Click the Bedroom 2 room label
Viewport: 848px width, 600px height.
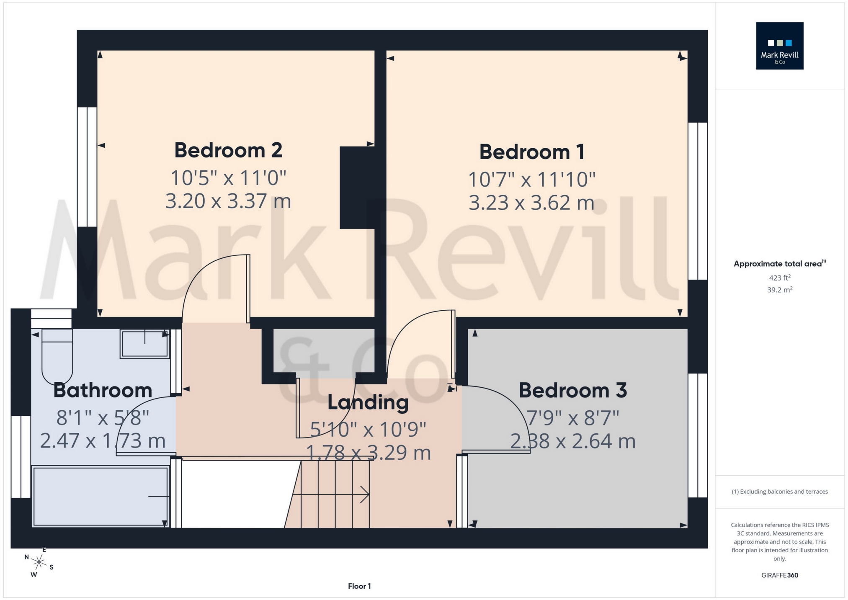(x=228, y=150)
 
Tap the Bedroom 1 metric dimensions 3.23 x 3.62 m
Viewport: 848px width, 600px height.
(x=531, y=203)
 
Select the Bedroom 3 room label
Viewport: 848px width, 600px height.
(x=572, y=390)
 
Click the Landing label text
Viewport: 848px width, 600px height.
(x=368, y=402)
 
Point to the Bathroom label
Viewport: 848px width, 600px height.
(x=103, y=390)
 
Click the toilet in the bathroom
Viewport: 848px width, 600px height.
(x=57, y=356)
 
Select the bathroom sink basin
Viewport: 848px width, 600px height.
(x=144, y=344)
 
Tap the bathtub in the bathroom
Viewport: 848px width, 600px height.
(x=101, y=497)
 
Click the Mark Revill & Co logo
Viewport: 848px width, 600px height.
(x=779, y=46)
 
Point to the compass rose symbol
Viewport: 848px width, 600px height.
(x=39, y=562)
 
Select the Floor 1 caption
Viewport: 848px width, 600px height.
(x=359, y=586)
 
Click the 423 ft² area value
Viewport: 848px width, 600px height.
(x=779, y=278)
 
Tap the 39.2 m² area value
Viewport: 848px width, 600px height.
(x=779, y=290)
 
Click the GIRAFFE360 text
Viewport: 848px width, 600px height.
(x=779, y=575)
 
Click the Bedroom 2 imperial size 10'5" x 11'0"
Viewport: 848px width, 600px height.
(x=228, y=178)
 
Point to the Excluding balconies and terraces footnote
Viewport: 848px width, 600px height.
(x=779, y=492)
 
